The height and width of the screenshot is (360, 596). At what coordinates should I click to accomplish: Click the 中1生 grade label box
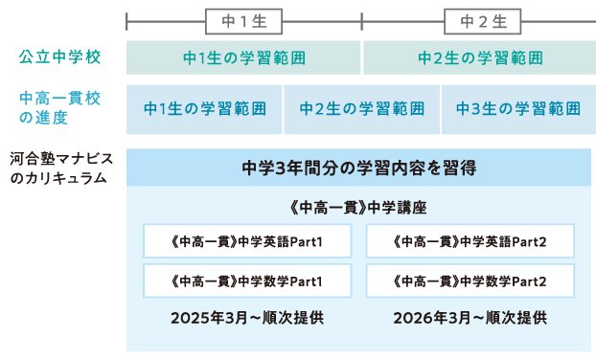click(244, 21)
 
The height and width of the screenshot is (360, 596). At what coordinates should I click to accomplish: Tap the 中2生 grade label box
click(480, 21)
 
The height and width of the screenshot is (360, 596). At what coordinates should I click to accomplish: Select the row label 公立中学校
click(60, 57)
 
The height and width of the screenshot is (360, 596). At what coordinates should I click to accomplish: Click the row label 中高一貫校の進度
click(60, 108)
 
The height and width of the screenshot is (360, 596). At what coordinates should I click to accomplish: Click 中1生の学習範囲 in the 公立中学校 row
click(244, 57)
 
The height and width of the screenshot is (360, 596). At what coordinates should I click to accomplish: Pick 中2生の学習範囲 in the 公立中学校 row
click(479, 57)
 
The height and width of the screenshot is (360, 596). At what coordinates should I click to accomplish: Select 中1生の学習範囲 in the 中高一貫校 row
click(204, 108)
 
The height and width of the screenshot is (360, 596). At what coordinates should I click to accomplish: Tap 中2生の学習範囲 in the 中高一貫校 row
click(362, 108)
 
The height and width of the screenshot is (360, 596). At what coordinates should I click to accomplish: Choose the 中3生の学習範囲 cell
click(517, 108)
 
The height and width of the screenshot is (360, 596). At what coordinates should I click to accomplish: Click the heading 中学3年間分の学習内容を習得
click(358, 168)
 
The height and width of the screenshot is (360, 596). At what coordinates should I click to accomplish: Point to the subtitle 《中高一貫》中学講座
click(358, 206)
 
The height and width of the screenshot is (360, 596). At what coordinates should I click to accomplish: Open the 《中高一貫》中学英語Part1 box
click(246, 241)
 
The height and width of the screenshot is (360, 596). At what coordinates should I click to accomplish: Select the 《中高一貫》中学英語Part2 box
click(470, 241)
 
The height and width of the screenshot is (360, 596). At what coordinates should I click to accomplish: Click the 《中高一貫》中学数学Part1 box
click(246, 281)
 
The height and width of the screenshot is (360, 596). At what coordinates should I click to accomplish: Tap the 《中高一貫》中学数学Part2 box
click(470, 281)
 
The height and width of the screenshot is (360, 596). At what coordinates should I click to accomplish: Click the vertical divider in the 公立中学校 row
click(362, 57)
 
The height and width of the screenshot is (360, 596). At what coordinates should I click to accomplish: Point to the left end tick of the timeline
click(126, 21)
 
